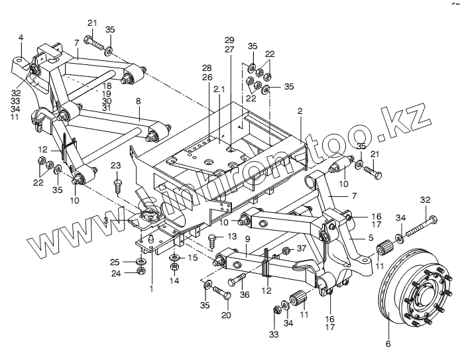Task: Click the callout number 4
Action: pyautogui.click(x=21, y=38)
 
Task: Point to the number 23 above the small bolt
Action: pyautogui.click(x=117, y=165)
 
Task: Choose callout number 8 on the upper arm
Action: pyautogui.click(x=139, y=102)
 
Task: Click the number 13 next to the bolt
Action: pyautogui.click(x=232, y=236)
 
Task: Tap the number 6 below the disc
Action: pyautogui.click(x=388, y=344)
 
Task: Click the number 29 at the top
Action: pyautogui.click(x=229, y=40)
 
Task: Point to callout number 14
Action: pyautogui.click(x=174, y=280)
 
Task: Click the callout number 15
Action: pyautogui.click(x=193, y=257)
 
